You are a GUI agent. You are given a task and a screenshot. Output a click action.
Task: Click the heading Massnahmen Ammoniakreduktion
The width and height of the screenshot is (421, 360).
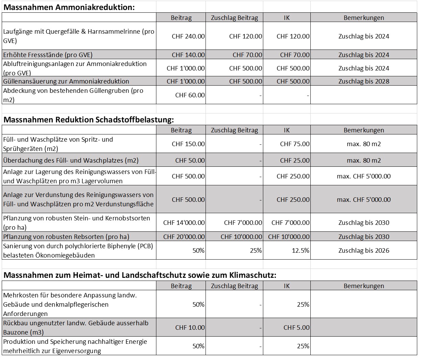click(x=69, y=7)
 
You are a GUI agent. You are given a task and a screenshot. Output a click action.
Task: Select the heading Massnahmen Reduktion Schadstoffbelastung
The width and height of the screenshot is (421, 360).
click(x=89, y=120)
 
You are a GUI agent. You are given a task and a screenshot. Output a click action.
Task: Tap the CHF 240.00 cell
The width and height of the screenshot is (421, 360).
click(x=188, y=36)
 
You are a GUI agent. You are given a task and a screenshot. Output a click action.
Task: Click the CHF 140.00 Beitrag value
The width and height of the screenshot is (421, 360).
click(x=188, y=55)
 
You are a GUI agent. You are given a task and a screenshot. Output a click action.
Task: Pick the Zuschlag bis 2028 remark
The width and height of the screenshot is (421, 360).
click(x=364, y=81)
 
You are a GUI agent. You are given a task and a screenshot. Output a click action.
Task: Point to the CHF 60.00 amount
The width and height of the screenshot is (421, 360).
click(x=190, y=95)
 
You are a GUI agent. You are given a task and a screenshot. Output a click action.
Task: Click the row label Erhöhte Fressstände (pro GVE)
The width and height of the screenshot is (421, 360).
click(x=48, y=55)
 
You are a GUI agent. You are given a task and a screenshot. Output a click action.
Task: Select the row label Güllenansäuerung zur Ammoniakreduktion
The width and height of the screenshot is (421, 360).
click(x=66, y=81)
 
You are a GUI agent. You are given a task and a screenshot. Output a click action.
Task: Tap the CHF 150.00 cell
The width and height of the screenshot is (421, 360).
click(x=188, y=144)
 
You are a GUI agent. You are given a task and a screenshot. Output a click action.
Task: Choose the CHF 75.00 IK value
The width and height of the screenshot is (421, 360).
click(x=295, y=144)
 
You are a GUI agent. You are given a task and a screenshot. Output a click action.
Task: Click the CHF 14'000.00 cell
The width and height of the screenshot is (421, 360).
click(x=184, y=223)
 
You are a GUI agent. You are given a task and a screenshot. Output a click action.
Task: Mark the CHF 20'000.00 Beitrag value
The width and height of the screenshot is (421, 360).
click(x=184, y=237)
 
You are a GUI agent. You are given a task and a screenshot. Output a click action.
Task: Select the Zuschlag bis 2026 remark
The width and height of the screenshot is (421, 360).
click(x=364, y=251)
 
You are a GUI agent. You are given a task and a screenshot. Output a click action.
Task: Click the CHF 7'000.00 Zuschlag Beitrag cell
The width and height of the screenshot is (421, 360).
click(x=243, y=223)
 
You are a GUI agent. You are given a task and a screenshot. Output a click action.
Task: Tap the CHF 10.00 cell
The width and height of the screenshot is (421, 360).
click(x=190, y=328)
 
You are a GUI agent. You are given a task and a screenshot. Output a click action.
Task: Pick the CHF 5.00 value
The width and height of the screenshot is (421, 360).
click(x=296, y=328)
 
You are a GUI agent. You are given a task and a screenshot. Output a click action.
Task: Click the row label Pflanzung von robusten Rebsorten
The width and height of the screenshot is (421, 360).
click(x=66, y=237)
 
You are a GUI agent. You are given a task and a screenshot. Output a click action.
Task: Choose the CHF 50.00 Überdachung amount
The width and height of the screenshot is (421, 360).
click(x=190, y=161)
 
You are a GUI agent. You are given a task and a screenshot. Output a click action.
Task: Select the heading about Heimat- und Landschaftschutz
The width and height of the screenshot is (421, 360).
click(x=140, y=275)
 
